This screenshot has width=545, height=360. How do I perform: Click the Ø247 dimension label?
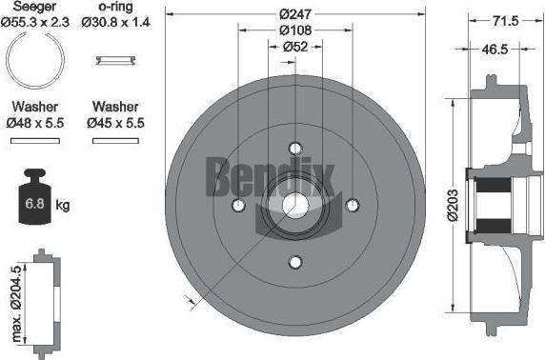[295, 14]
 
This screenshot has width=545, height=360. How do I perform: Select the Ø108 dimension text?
[295, 30]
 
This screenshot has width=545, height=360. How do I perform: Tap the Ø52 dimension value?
[295, 47]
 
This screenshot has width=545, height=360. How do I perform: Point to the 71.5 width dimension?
[505, 21]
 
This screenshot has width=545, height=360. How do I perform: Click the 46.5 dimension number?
[495, 50]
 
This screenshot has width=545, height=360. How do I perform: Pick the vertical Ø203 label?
[453, 206]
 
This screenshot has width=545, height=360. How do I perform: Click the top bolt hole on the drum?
[295, 149]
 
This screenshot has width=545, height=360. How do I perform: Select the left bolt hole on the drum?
[238, 205]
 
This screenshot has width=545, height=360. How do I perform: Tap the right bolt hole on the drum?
[353, 205]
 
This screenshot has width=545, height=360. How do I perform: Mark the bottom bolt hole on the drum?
[295, 262]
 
